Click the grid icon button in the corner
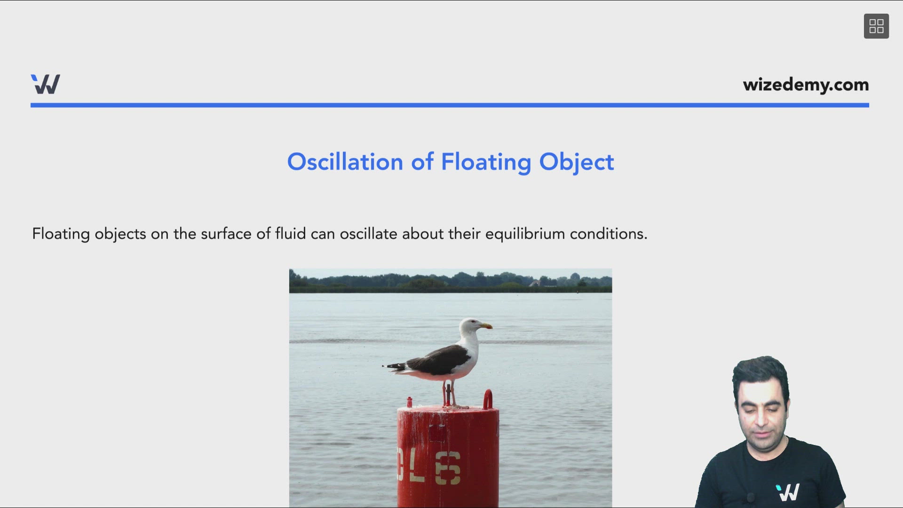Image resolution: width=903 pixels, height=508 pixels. click(876, 26)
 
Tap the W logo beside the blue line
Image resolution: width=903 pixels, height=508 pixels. click(46, 84)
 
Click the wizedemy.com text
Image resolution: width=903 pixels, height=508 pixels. click(806, 85)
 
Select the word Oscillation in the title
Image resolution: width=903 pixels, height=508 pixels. click(345, 162)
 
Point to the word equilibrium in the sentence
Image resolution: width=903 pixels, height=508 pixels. click(525, 234)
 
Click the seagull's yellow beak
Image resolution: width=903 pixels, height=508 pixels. click(486, 325)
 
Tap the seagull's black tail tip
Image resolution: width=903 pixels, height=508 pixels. click(393, 365)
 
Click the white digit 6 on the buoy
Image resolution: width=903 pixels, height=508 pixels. click(448, 468)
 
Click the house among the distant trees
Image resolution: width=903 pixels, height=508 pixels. click(535, 283)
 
